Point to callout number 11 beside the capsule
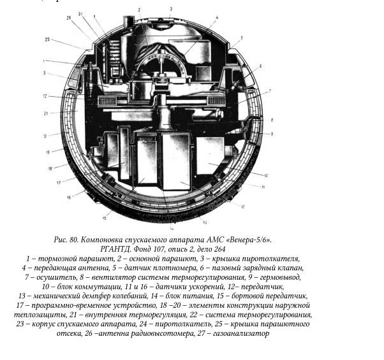tap(263, 187)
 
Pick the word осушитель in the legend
tap(54, 277)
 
